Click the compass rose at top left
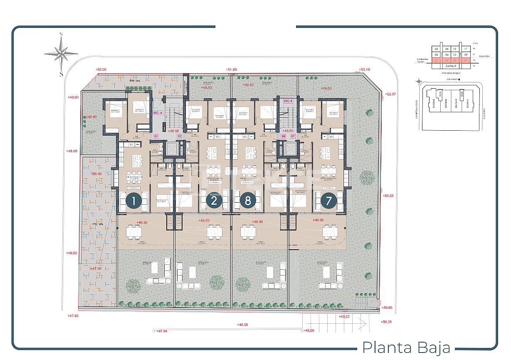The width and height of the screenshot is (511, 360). pyautogui.click(x=61, y=54)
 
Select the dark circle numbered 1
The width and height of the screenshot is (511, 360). pyautogui.click(x=133, y=201)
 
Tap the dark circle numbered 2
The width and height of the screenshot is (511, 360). pyautogui.click(x=214, y=201)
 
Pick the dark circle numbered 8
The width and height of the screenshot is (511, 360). pyautogui.click(x=248, y=201)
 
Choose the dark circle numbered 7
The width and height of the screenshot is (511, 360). pyautogui.click(x=328, y=201)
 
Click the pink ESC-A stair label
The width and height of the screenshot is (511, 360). pyautogui.click(x=158, y=113)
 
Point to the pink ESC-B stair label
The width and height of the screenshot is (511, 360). pyautogui.click(x=288, y=101)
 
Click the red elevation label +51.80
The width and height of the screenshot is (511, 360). pyautogui.click(x=231, y=70)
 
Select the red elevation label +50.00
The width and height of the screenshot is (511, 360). pyautogui.click(x=101, y=70)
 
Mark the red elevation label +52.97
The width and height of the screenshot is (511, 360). pyautogui.click(x=391, y=94)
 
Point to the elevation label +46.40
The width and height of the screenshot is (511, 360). pyautogui.click(x=96, y=174)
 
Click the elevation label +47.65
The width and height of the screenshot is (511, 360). pyautogui.click(x=73, y=316)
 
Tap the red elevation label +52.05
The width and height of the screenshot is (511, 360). pyautogui.click(x=388, y=195)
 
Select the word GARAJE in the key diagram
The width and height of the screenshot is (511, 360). pyautogui.click(x=452, y=66)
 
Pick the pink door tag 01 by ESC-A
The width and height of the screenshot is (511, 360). pyautogui.click(x=156, y=136)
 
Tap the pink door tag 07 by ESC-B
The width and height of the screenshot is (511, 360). pyautogui.click(x=293, y=136)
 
